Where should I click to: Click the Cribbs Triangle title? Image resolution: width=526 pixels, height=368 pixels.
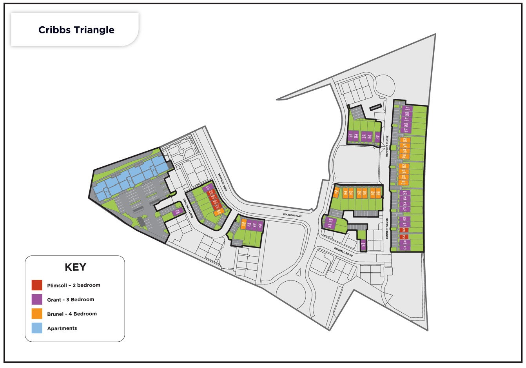pyautogui.click(x=76, y=30)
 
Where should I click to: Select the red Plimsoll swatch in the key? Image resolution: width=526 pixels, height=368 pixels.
pyautogui.click(x=37, y=285)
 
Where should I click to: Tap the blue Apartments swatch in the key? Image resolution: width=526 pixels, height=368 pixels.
pyautogui.click(x=37, y=328)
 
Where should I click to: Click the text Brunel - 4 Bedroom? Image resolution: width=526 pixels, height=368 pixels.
pyautogui.click(x=72, y=314)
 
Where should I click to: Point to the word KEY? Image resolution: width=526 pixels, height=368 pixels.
pyautogui.click(x=75, y=267)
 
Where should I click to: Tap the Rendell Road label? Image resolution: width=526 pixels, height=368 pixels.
pyautogui.click(x=343, y=252)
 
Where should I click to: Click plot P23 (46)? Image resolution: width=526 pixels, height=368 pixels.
pyautogui.click(x=407, y=108)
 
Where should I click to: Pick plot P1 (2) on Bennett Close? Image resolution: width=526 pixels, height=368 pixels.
pyautogui.click(x=405, y=248)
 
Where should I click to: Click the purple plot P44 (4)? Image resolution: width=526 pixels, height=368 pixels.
pyautogui.click(x=363, y=244)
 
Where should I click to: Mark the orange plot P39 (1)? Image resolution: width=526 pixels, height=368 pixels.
pyautogui.click(x=336, y=193)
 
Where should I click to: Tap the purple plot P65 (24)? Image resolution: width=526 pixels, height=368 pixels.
pyautogui.click(x=177, y=212)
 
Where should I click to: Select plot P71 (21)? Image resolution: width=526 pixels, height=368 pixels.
pyautogui.click(x=208, y=188)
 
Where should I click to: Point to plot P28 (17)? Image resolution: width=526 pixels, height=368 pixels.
pyautogui.click(x=377, y=137)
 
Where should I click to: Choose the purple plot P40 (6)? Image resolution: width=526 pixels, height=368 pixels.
pyautogui.click(x=330, y=220)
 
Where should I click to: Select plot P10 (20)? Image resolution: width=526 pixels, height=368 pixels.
pyautogui.click(x=405, y=193)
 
